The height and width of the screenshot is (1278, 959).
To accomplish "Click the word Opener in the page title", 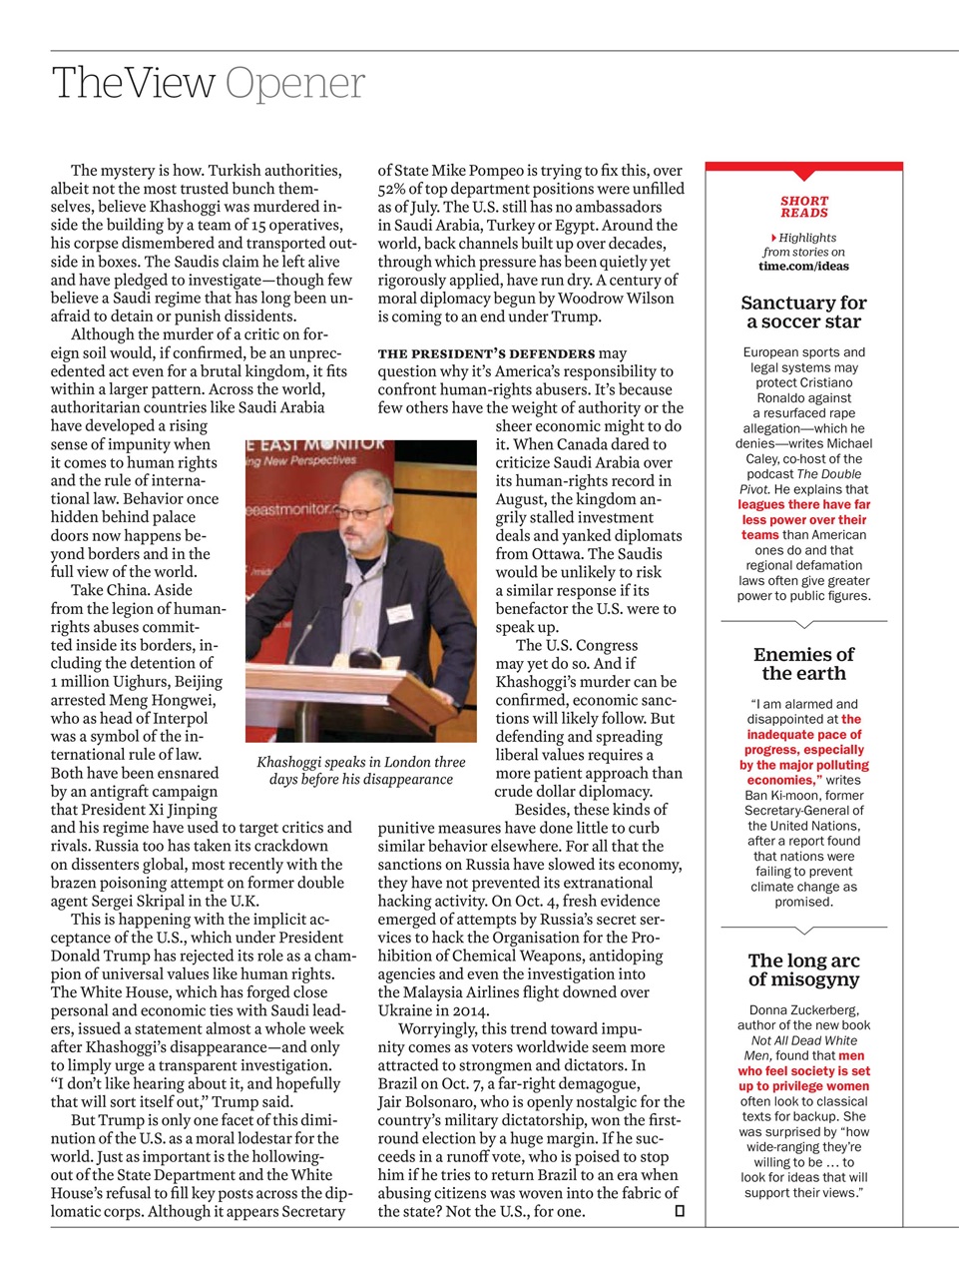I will [295, 84].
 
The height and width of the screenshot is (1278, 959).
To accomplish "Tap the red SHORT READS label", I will [804, 207].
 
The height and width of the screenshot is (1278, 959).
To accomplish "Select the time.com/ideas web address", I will [803, 266].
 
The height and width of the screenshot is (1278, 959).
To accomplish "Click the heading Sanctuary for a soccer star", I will [803, 312].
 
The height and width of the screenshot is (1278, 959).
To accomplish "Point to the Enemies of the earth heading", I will [803, 663].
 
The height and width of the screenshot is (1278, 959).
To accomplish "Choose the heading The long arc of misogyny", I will [803, 969].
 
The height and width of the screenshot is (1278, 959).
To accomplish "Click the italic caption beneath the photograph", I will [360, 770].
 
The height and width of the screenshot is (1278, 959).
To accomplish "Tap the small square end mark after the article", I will [680, 1211].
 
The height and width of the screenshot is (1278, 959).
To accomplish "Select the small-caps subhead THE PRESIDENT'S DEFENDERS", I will [486, 353].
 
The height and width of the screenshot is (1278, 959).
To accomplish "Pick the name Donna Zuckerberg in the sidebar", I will [803, 1009].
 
